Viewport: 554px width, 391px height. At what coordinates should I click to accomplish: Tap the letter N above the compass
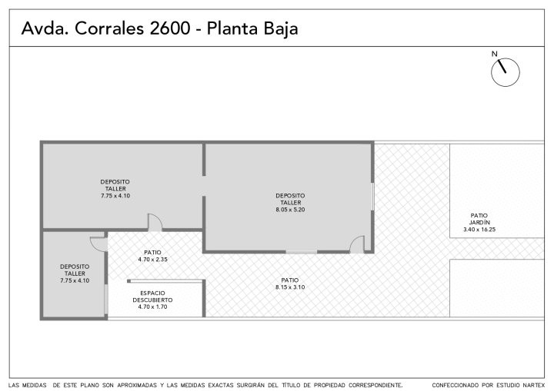click(x=494, y=54)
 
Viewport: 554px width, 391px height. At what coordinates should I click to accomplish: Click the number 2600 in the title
click(x=170, y=28)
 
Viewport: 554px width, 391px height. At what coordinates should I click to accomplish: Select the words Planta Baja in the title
click(x=252, y=29)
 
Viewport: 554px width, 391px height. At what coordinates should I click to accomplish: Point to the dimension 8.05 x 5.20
click(x=290, y=210)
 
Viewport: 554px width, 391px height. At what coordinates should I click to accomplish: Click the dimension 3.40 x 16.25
click(x=479, y=230)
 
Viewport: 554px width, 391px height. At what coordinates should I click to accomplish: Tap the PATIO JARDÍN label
click(x=479, y=219)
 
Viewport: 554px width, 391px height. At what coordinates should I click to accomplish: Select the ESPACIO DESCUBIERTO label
click(x=152, y=297)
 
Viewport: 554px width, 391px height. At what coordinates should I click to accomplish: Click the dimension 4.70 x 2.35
click(x=152, y=260)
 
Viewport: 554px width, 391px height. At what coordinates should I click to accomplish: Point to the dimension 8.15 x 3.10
click(x=290, y=287)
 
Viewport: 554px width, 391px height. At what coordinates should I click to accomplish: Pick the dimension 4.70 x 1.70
click(x=152, y=307)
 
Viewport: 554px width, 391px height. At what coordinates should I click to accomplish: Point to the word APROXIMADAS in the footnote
click(x=137, y=385)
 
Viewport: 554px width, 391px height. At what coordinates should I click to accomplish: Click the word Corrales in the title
click(x=109, y=28)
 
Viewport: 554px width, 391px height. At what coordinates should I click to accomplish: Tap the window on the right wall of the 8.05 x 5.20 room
click(x=372, y=197)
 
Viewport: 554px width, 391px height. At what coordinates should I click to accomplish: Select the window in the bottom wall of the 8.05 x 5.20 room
click(x=302, y=252)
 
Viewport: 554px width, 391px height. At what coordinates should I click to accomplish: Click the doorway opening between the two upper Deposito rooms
click(x=204, y=186)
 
